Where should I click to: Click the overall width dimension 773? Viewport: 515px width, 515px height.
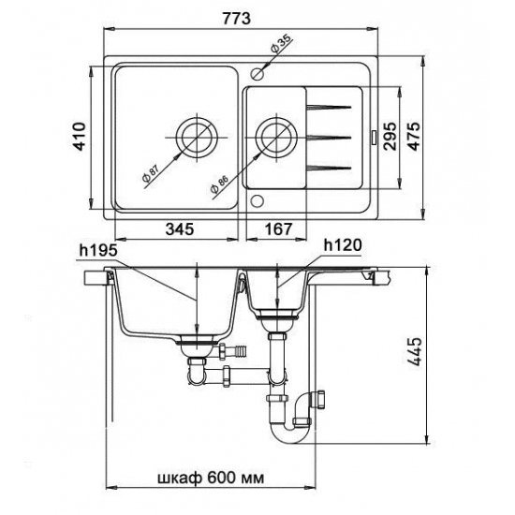click(x=236, y=19)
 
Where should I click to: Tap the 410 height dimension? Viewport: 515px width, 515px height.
click(x=79, y=137)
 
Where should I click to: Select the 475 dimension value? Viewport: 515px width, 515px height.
click(x=414, y=137)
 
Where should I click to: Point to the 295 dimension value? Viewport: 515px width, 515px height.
click(x=390, y=137)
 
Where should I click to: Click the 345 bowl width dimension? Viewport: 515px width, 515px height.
click(x=180, y=228)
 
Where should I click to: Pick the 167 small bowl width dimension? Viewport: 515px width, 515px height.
click(x=278, y=228)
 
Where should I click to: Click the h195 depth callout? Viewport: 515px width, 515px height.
click(x=98, y=251)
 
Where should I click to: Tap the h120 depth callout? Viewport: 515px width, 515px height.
click(x=343, y=244)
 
